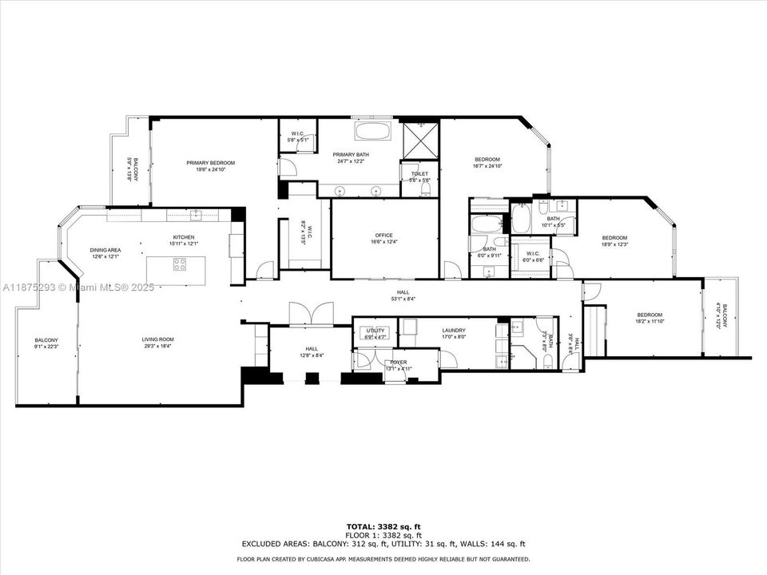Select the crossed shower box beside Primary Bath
click(x=419, y=139)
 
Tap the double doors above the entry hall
click(x=310, y=314)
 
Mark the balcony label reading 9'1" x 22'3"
click(x=46, y=343)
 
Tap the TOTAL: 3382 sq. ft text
click(x=383, y=527)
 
